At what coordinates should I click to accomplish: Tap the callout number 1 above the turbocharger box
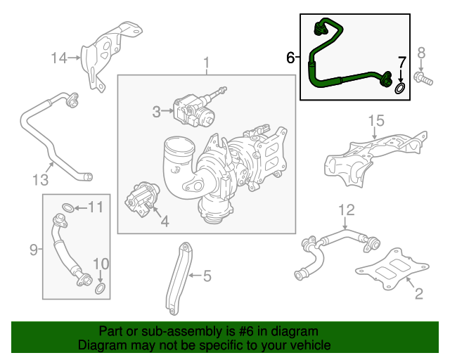207,65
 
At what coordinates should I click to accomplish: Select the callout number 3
157,110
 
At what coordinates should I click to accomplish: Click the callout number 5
206,276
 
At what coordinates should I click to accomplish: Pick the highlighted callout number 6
291,58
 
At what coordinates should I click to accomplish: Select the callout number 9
34,248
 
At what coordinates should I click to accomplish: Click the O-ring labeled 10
101,288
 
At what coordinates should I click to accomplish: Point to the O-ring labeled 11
65,207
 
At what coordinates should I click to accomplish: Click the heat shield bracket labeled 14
104,55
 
